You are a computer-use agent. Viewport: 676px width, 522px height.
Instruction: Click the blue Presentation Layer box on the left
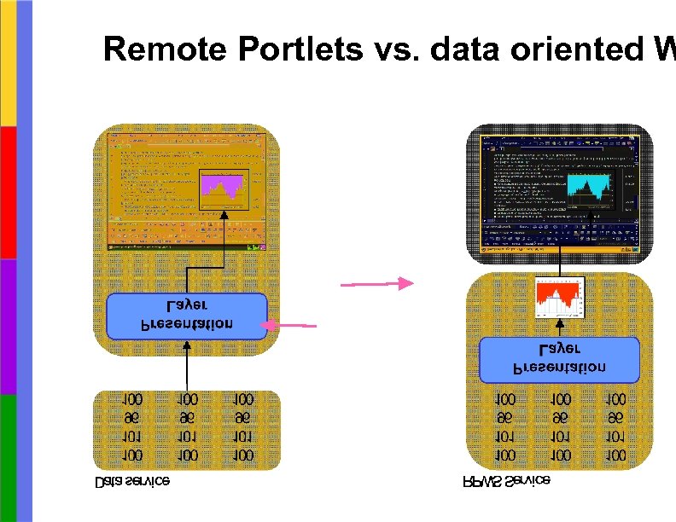[x=187, y=315]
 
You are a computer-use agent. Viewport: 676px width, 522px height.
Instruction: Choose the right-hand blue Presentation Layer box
[x=559, y=359]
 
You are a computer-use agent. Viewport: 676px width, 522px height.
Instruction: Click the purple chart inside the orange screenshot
[x=223, y=188]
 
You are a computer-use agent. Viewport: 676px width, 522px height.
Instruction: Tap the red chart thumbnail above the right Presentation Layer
[x=558, y=298]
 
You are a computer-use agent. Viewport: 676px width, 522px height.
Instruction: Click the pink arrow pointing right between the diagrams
[x=376, y=284]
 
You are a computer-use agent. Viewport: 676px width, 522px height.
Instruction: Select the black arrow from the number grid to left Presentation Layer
[x=187, y=364]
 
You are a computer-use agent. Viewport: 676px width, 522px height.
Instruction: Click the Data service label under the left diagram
[x=132, y=482]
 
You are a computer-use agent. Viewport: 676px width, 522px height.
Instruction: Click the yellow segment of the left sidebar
[x=8, y=63]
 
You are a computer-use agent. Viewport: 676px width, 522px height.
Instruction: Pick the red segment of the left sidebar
[x=8, y=193]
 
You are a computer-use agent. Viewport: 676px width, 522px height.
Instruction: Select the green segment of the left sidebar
[x=8, y=456]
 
